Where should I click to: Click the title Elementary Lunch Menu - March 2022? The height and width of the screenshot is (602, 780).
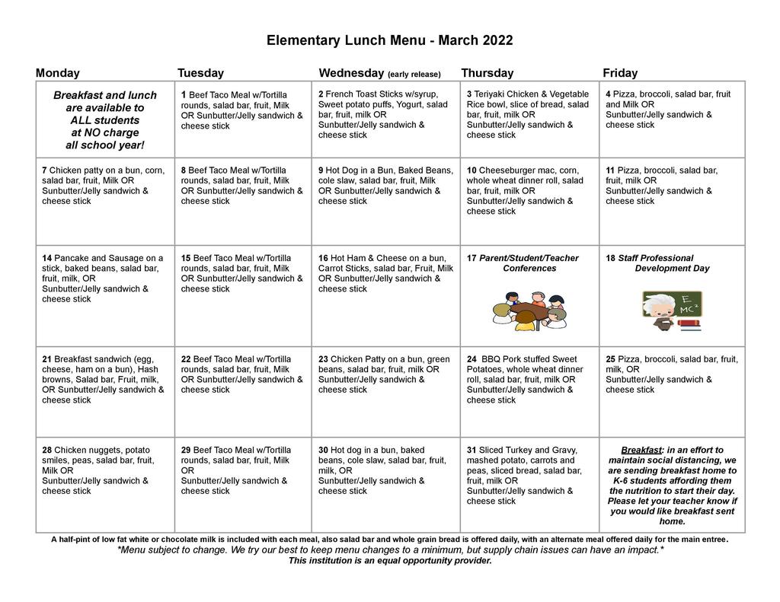pos(389,40)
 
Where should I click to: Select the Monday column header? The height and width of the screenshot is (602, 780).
pos(57,73)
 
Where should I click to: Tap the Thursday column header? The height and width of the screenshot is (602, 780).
pos(487,73)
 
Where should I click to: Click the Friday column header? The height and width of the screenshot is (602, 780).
pos(620,73)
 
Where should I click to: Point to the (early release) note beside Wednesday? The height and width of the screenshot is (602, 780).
pos(414,75)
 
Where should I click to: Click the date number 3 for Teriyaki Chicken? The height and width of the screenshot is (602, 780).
pos(469,94)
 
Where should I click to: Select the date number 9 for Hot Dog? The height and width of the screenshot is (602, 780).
pos(321,170)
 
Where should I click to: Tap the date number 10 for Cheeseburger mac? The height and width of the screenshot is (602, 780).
pos(472,170)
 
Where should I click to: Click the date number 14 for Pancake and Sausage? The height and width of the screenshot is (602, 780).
pos(46,258)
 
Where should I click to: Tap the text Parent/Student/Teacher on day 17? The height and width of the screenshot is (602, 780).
pos(529,258)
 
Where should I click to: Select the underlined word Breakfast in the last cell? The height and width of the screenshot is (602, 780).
pos(640,450)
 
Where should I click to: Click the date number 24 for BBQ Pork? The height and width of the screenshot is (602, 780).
pos(472,359)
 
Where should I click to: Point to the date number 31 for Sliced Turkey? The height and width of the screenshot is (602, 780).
pos(472,450)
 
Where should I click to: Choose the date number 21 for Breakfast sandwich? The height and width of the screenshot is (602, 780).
pos(46,359)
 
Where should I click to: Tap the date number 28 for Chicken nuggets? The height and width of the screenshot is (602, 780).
pos(46,450)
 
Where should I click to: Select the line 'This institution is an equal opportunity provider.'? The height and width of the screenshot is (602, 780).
pos(389,561)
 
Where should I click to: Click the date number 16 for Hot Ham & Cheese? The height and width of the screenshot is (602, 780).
pos(323,258)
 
